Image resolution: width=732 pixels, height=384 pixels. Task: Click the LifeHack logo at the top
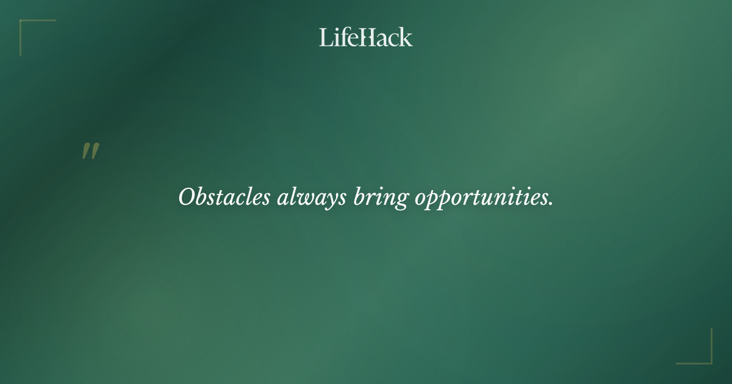point(366,37)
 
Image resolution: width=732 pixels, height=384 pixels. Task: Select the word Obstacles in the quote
point(224,197)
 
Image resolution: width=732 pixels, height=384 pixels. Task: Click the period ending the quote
point(551,204)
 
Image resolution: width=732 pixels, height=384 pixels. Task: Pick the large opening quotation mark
point(90,151)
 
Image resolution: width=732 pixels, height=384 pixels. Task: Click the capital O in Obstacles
point(186,197)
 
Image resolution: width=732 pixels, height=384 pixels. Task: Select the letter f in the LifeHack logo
point(342,37)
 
